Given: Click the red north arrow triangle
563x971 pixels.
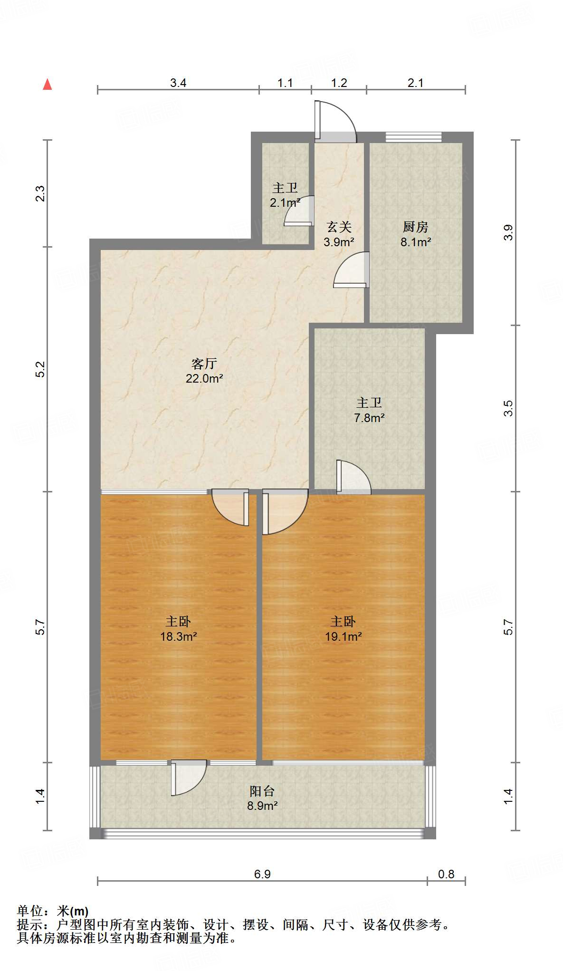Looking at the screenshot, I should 48,84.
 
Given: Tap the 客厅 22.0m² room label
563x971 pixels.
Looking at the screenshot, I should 204,371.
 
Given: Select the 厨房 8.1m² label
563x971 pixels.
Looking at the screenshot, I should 415,234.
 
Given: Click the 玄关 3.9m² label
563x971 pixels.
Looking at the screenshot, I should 339,234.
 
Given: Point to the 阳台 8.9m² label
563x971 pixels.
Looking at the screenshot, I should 262,798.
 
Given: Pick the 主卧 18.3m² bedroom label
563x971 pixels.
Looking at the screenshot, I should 178,628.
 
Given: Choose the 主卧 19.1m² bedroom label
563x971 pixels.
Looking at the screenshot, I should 343,628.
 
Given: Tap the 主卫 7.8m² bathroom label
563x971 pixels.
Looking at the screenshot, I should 369,410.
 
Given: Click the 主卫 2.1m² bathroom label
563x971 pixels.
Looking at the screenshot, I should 285,195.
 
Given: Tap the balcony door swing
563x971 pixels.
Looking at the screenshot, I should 188,777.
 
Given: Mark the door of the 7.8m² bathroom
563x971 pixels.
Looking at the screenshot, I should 353,477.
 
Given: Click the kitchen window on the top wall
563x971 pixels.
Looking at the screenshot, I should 413,137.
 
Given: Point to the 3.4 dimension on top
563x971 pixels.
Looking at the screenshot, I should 178,83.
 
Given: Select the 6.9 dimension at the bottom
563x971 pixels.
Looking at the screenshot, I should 262,874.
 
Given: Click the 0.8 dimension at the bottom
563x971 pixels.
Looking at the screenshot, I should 446,874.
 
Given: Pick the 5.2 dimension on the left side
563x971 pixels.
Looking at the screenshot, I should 41,369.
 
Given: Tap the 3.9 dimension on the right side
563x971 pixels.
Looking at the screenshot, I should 508,232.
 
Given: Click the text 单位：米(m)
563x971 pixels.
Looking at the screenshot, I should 52,911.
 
